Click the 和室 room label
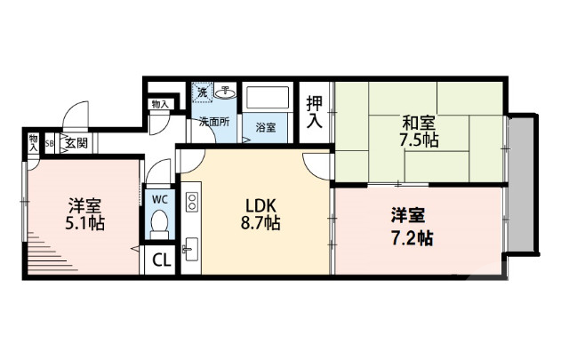pyautogui.click(x=418, y=124)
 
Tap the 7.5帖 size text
pyautogui.click(x=418, y=141)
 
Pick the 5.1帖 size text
pyautogui.click(x=84, y=222)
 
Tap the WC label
pyautogui.click(x=160, y=198)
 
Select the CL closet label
pyautogui.click(x=161, y=260)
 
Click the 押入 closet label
pyautogui.click(x=315, y=111)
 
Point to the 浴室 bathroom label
pyautogui.click(x=266, y=127)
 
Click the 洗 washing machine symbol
pyautogui.click(x=202, y=92)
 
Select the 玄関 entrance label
pyautogui.click(x=75, y=142)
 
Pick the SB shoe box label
pyautogui.click(x=50, y=142)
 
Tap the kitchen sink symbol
pyautogui.click(x=191, y=245)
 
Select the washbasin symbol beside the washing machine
pyautogui.click(x=226, y=91)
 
